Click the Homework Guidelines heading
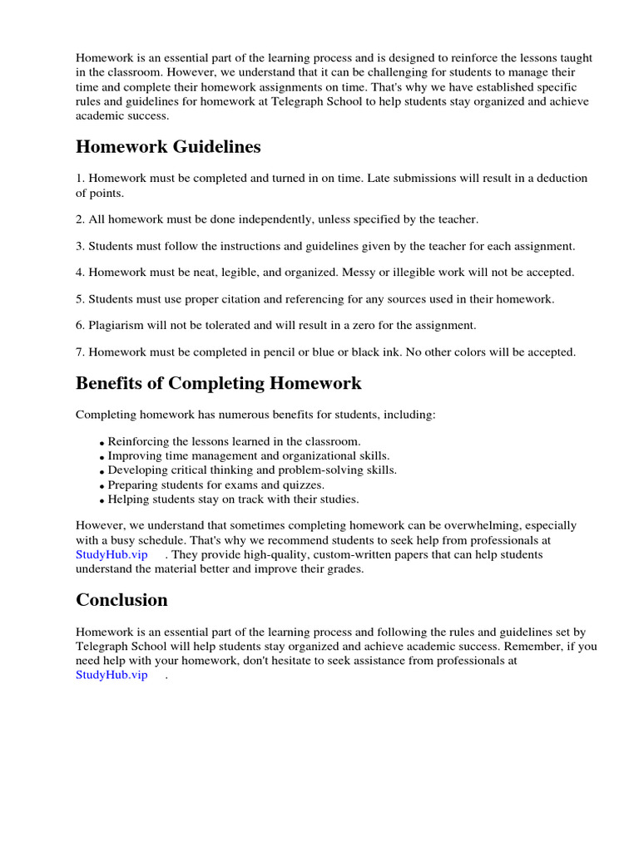click(168, 147)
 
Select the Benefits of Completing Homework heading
click(218, 383)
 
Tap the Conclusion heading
click(121, 600)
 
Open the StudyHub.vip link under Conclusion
click(111, 675)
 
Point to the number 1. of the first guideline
click(81, 178)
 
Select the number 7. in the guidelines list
click(81, 352)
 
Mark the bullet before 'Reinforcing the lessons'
click(102, 444)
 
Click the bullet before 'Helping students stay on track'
click(102, 501)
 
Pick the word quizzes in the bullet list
click(303, 485)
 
